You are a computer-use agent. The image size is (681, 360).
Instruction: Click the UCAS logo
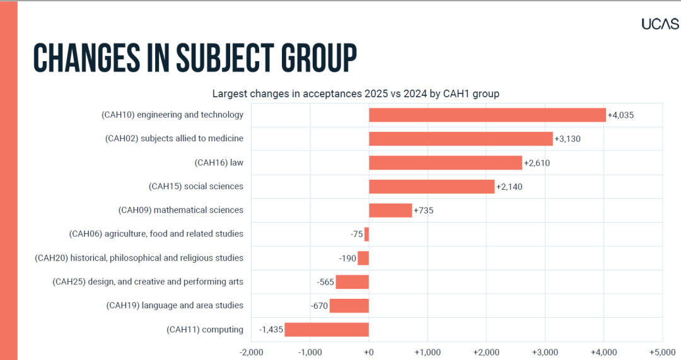tap(660, 23)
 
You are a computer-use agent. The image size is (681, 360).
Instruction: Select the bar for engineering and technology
tap(487, 115)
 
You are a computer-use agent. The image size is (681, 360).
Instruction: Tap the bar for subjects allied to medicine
tap(460, 139)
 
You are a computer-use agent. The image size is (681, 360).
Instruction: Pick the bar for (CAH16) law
tap(445, 163)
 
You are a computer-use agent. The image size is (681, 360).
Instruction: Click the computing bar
tap(326, 330)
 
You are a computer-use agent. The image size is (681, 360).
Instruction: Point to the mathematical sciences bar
tap(390, 210)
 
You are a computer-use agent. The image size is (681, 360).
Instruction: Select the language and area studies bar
tap(349, 306)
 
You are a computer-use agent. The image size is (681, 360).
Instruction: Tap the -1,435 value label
tap(271, 330)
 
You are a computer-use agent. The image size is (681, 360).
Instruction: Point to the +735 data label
tap(424, 211)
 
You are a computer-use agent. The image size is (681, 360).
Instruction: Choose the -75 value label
tap(357, 235)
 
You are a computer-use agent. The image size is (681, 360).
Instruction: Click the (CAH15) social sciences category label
tap(195, 186)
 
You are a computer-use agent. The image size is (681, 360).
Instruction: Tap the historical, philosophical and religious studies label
tap(139, 258)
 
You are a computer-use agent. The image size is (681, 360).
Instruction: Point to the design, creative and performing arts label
tap(148, 282)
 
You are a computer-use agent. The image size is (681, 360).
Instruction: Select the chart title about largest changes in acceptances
tap(356, 94)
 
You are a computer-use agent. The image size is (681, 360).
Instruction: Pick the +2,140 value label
tap(509, 187)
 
